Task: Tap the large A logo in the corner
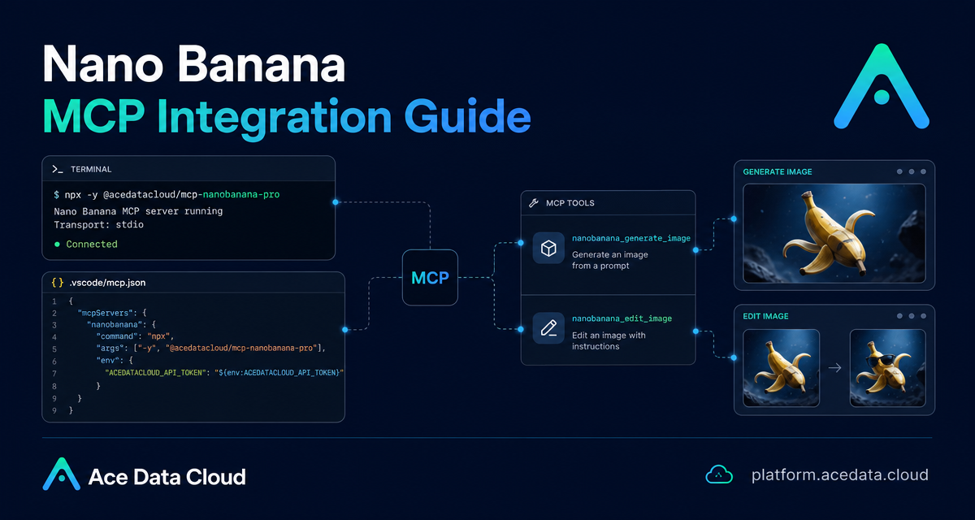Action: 882,86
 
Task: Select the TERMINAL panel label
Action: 91,169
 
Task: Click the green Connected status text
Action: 91,244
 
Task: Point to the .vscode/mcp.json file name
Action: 107,283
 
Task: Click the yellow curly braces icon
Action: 58,283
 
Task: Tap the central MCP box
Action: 430,278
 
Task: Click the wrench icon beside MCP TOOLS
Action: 534,203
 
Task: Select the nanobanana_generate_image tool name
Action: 631,238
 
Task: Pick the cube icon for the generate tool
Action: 548,248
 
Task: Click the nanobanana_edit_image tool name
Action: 622,318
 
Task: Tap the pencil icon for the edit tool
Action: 549,328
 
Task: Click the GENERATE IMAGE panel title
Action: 778,172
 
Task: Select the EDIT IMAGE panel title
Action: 765,316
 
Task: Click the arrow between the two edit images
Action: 835,368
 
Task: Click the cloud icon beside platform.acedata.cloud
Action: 719,474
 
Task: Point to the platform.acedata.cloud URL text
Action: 840,474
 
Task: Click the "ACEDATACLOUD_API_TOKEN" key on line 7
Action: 155,373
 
